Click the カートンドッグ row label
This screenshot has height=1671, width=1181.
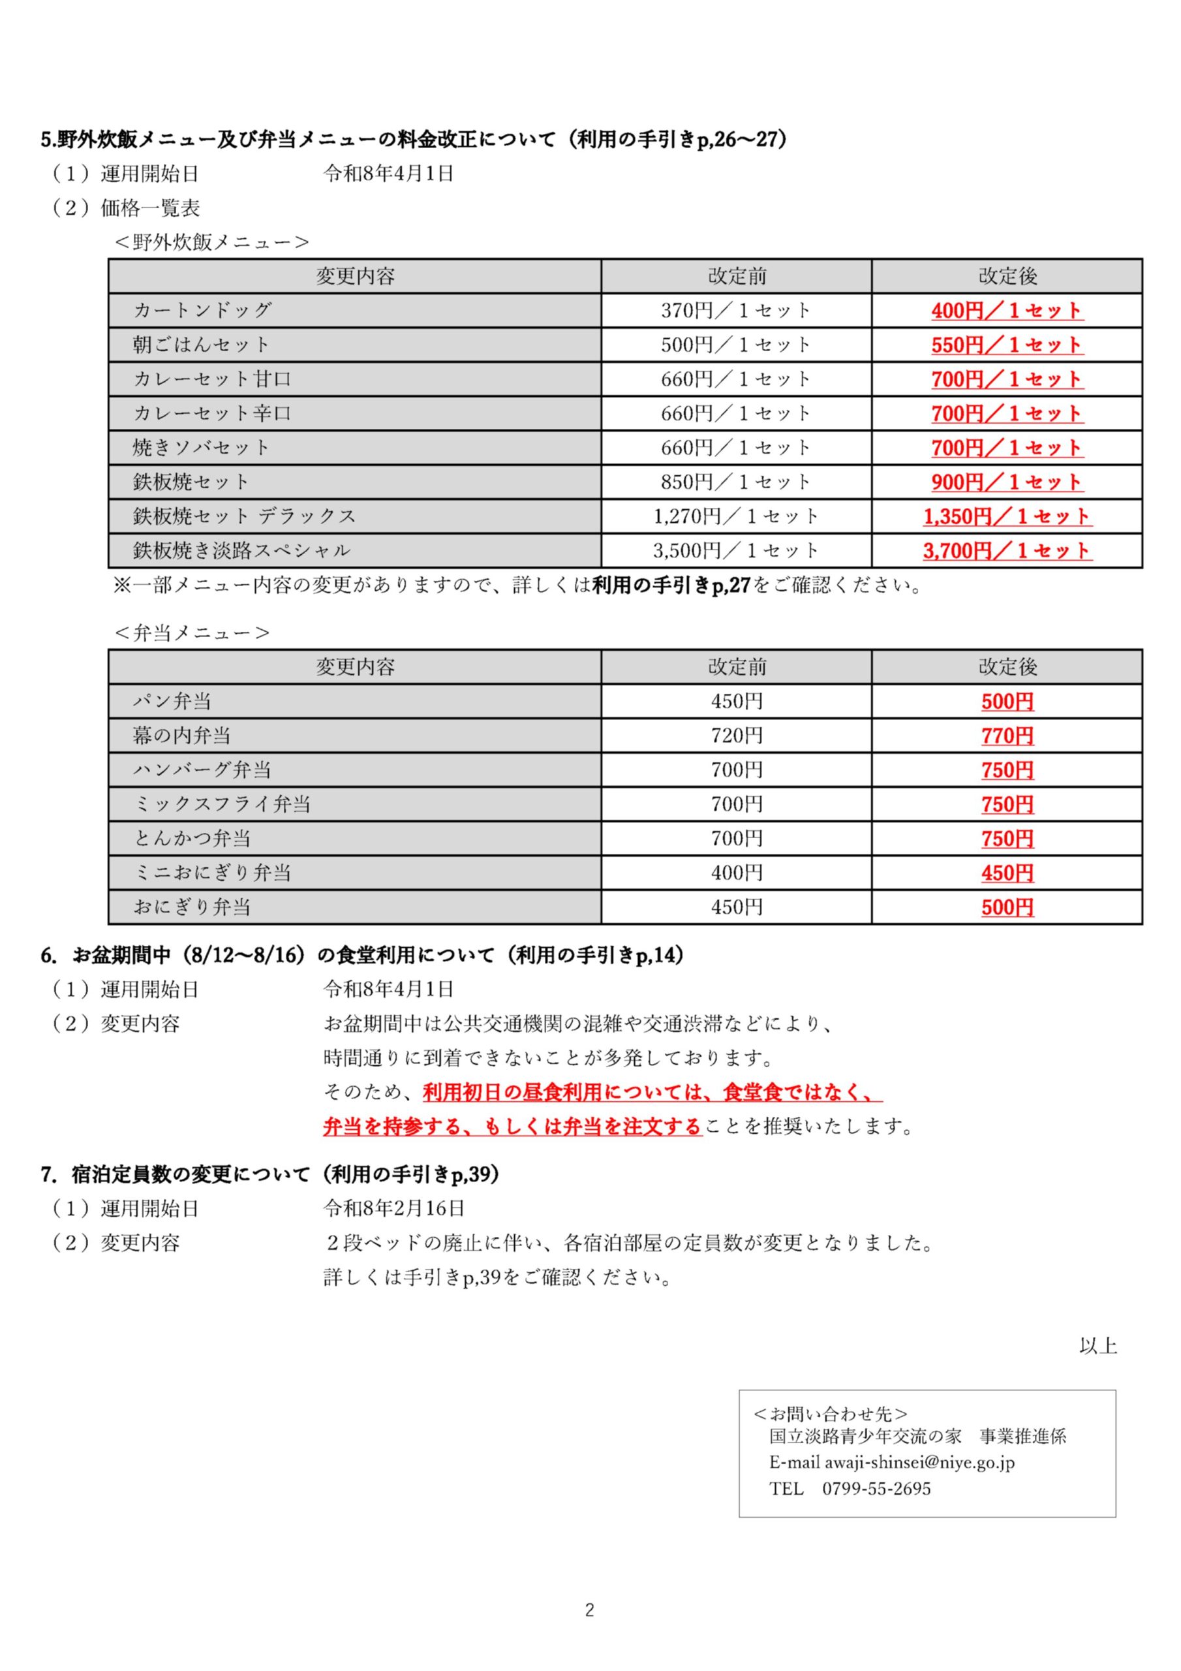pyautogui.click(x=202, y=311)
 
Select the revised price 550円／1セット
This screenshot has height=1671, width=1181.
pyautogui.click(x=1006, y=345)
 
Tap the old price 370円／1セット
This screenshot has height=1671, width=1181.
pyautogui.click(x=735, y=311)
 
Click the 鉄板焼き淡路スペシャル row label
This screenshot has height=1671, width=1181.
pyautogui.click(x=241, y=551)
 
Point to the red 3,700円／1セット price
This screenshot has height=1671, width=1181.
pyautogui.click(x=1006, y=551)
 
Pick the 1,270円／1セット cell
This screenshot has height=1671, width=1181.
pyautogui.click(x=735, y=517)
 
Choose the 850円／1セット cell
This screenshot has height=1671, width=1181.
pyautogui.click(x=735, y=482)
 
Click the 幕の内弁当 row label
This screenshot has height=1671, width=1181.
pyautogui.click(x=181, y=736)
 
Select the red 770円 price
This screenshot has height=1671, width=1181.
pyautogui.click(x=1007, y=736)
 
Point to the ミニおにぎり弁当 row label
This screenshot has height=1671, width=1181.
pyautogui.click(x=212, y=873)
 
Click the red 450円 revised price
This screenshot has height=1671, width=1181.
pyautogui.click(x=1007, y=873)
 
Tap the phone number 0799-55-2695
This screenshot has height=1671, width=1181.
pyautogui.click(x=876, y=1488)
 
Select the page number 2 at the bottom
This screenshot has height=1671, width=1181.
pyautogui.click(x=589, y=1610)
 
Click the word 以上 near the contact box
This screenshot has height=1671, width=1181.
pyautogui.click(x=1097, y=1347)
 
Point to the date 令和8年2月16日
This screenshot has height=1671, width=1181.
pyautogui.click(x=393, y=1209)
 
